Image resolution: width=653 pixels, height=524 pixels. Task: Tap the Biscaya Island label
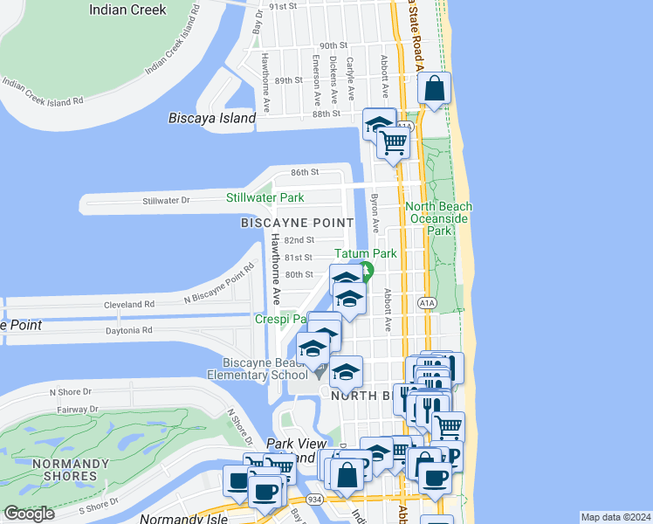point(213,118)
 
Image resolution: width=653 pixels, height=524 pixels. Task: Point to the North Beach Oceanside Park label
point(438,218)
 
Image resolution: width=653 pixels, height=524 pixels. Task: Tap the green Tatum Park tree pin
point(368,272)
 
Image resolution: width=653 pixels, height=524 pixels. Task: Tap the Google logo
point(30,513)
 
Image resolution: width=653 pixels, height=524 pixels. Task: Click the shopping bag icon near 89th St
point(435,88)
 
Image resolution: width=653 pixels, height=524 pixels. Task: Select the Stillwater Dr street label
point(166,201)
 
